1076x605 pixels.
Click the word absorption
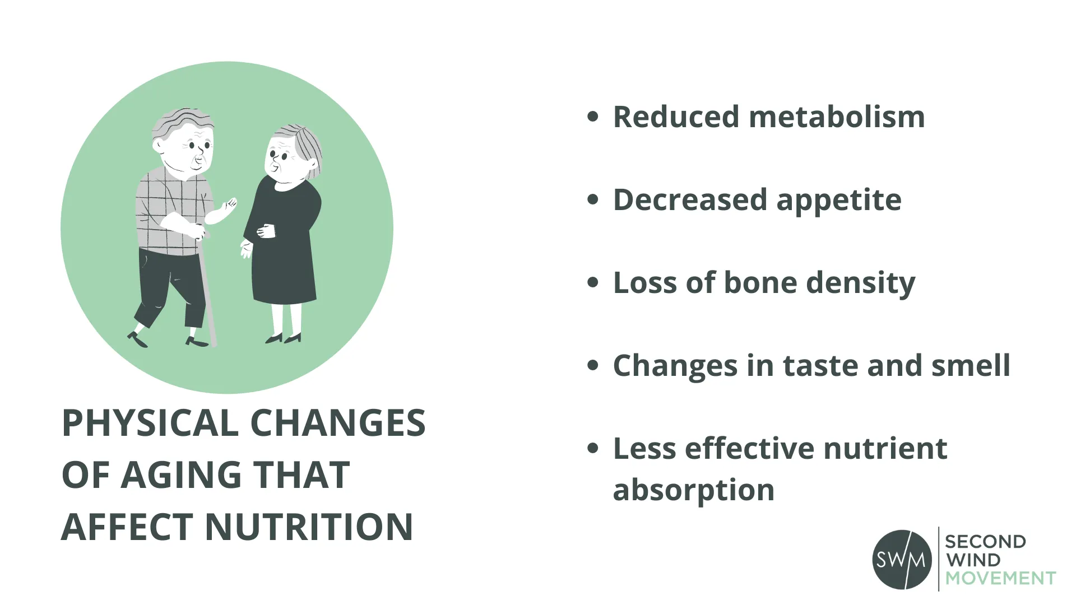693,490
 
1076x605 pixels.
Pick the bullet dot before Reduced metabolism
592,117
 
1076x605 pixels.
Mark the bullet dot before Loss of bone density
592,282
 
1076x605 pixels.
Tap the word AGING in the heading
180,474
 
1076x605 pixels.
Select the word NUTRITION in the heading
309,527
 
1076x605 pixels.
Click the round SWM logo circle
902,559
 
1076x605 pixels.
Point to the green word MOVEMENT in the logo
1000,578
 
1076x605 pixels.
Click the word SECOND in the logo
985,542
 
